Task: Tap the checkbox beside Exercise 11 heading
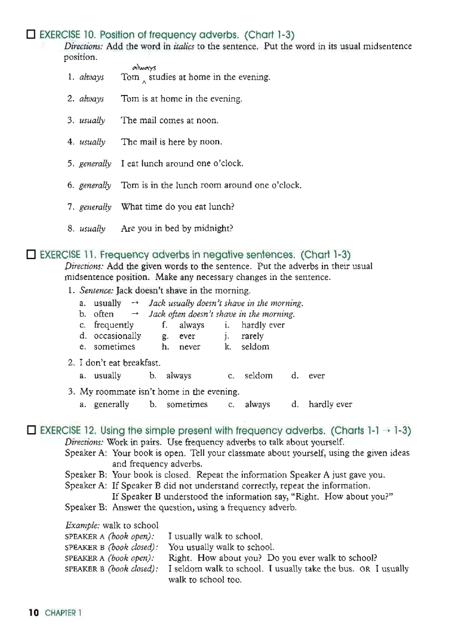pos(31,255)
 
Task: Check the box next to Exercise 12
pos(31,431)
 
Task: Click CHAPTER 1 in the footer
pos(63,613)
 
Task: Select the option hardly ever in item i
pos(263,325)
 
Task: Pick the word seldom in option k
pos(255,347)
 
